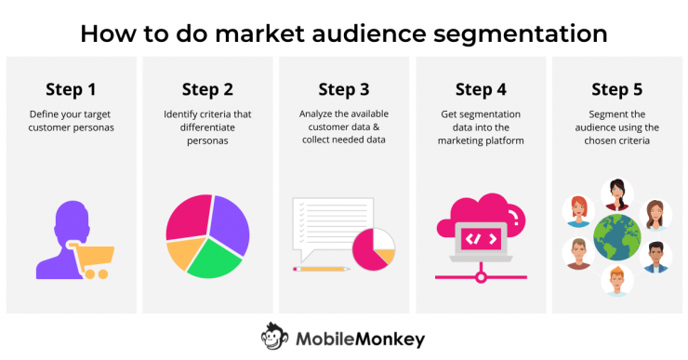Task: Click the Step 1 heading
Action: (71, 89)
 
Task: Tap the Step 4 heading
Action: (481, 89)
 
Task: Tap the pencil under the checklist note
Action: (321, 269)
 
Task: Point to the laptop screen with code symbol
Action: (481, 238)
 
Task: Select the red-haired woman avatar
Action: (576, 210)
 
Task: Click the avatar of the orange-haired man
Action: (616, 280)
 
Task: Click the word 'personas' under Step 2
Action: (207, 140)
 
